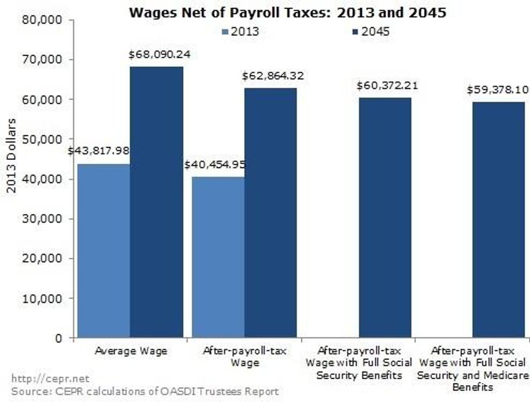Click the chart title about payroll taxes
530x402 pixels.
[287, 12]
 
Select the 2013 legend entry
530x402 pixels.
[240, 31]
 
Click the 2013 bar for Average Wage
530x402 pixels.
[104, 251]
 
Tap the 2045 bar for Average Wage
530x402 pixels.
[156, 202]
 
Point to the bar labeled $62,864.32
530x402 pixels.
[270, 213]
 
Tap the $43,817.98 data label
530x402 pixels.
[98, 151]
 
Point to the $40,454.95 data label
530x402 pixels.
[215, 164]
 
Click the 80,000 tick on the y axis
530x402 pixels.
[41, 20]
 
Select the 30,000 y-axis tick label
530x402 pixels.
[41, 219]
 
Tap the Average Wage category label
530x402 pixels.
[131, 351]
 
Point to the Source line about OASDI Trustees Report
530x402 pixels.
[145, 391]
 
